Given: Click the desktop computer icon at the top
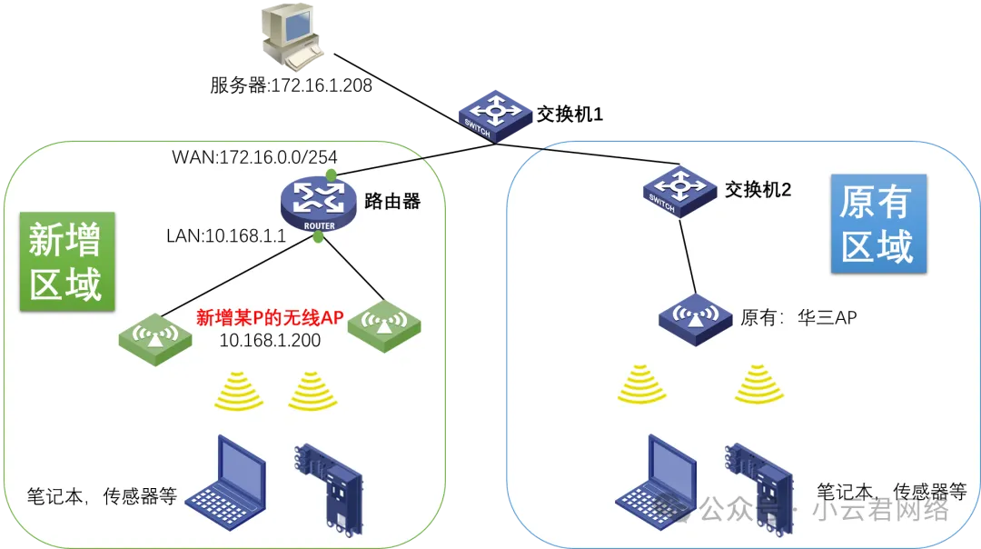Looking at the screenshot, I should pos(290,37).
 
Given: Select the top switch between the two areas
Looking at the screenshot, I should pos(495,115).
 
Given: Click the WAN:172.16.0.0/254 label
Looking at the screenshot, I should pos(254,156).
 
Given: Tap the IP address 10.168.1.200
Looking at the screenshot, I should pos(270,339).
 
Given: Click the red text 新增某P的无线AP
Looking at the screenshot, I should pos(269,317).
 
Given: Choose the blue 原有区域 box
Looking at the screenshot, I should pos(877,225).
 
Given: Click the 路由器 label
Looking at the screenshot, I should pos(391,201).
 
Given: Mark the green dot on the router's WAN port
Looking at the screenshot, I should pos(332,173).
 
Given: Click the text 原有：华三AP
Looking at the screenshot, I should pos(799,317).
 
